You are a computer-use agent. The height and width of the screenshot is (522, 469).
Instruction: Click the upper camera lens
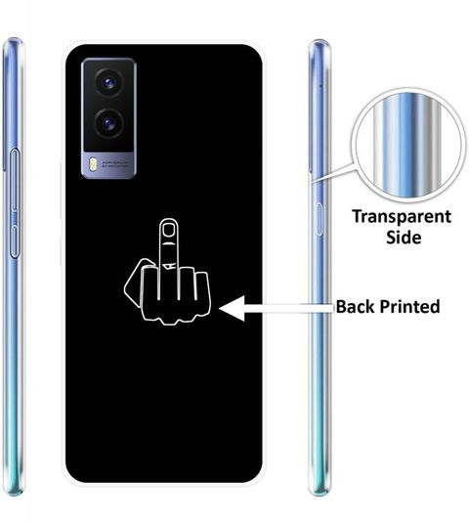pos(108,82)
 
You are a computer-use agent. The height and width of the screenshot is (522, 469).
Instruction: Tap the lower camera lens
pos(108,123)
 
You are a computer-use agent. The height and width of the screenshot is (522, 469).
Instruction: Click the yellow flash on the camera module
pos(93,164)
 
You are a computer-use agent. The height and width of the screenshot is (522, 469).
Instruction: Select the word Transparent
pos(402,218)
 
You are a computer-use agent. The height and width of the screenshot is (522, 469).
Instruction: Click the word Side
pos(404,238)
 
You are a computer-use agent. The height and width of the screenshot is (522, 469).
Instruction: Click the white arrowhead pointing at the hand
pos(232,309)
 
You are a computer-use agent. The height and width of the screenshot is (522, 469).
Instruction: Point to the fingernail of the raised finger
pos(168,230)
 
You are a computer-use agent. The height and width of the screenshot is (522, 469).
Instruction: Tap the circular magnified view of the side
pos(408,145)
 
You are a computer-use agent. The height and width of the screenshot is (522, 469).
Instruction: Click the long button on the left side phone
pos(15,203)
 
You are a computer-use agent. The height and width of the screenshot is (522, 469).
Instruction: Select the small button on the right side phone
pos(320,219)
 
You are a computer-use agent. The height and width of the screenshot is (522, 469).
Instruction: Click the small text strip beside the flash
pos(114,163)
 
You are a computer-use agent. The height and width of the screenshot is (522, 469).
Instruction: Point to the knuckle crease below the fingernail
pos(168,244)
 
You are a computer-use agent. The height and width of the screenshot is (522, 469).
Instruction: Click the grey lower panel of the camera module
pos(108,165)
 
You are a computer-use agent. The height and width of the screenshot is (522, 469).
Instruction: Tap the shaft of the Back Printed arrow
pos(289,309)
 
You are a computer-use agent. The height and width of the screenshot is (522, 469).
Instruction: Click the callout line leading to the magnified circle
pos(333,173)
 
